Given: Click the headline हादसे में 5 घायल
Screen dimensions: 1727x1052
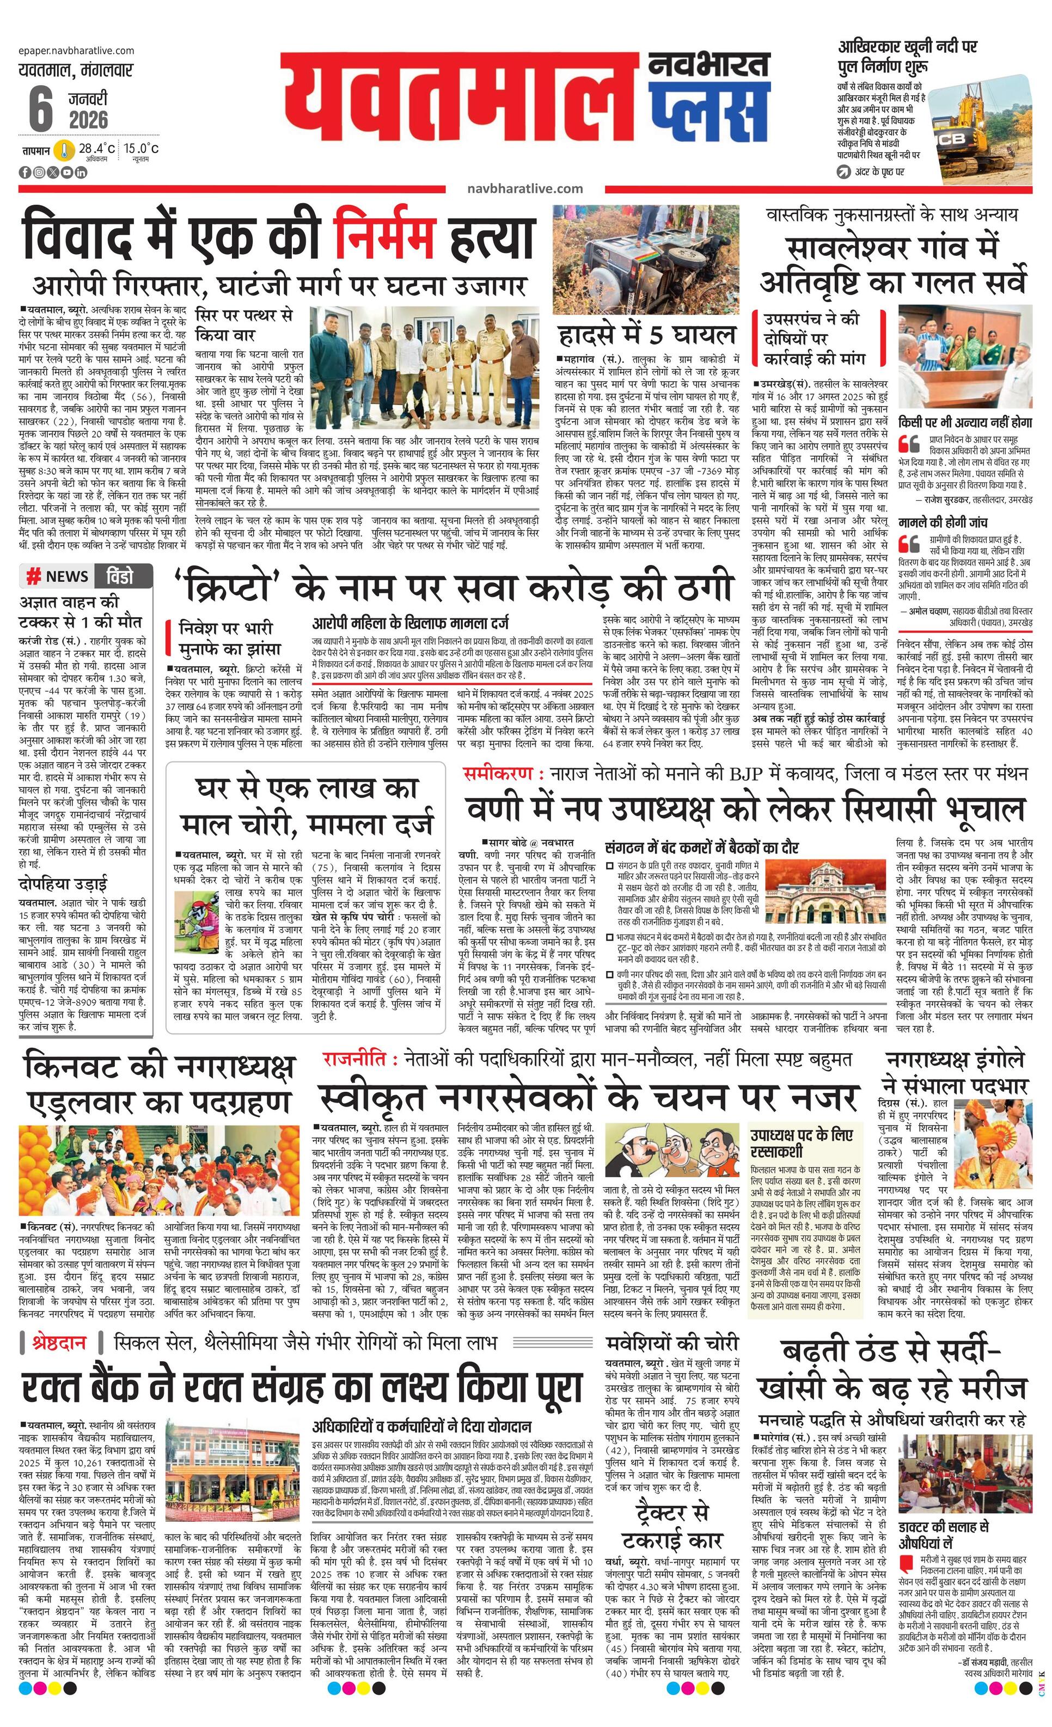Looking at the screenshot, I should pos(647,334).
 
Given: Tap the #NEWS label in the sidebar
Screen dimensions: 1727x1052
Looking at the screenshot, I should pos(58,576).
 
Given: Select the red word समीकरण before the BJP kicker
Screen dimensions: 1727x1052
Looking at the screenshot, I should pos(502,774).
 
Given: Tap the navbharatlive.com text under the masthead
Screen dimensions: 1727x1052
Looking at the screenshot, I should pos(524,188).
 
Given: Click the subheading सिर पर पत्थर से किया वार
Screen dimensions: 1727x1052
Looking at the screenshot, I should pos(243,324).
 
